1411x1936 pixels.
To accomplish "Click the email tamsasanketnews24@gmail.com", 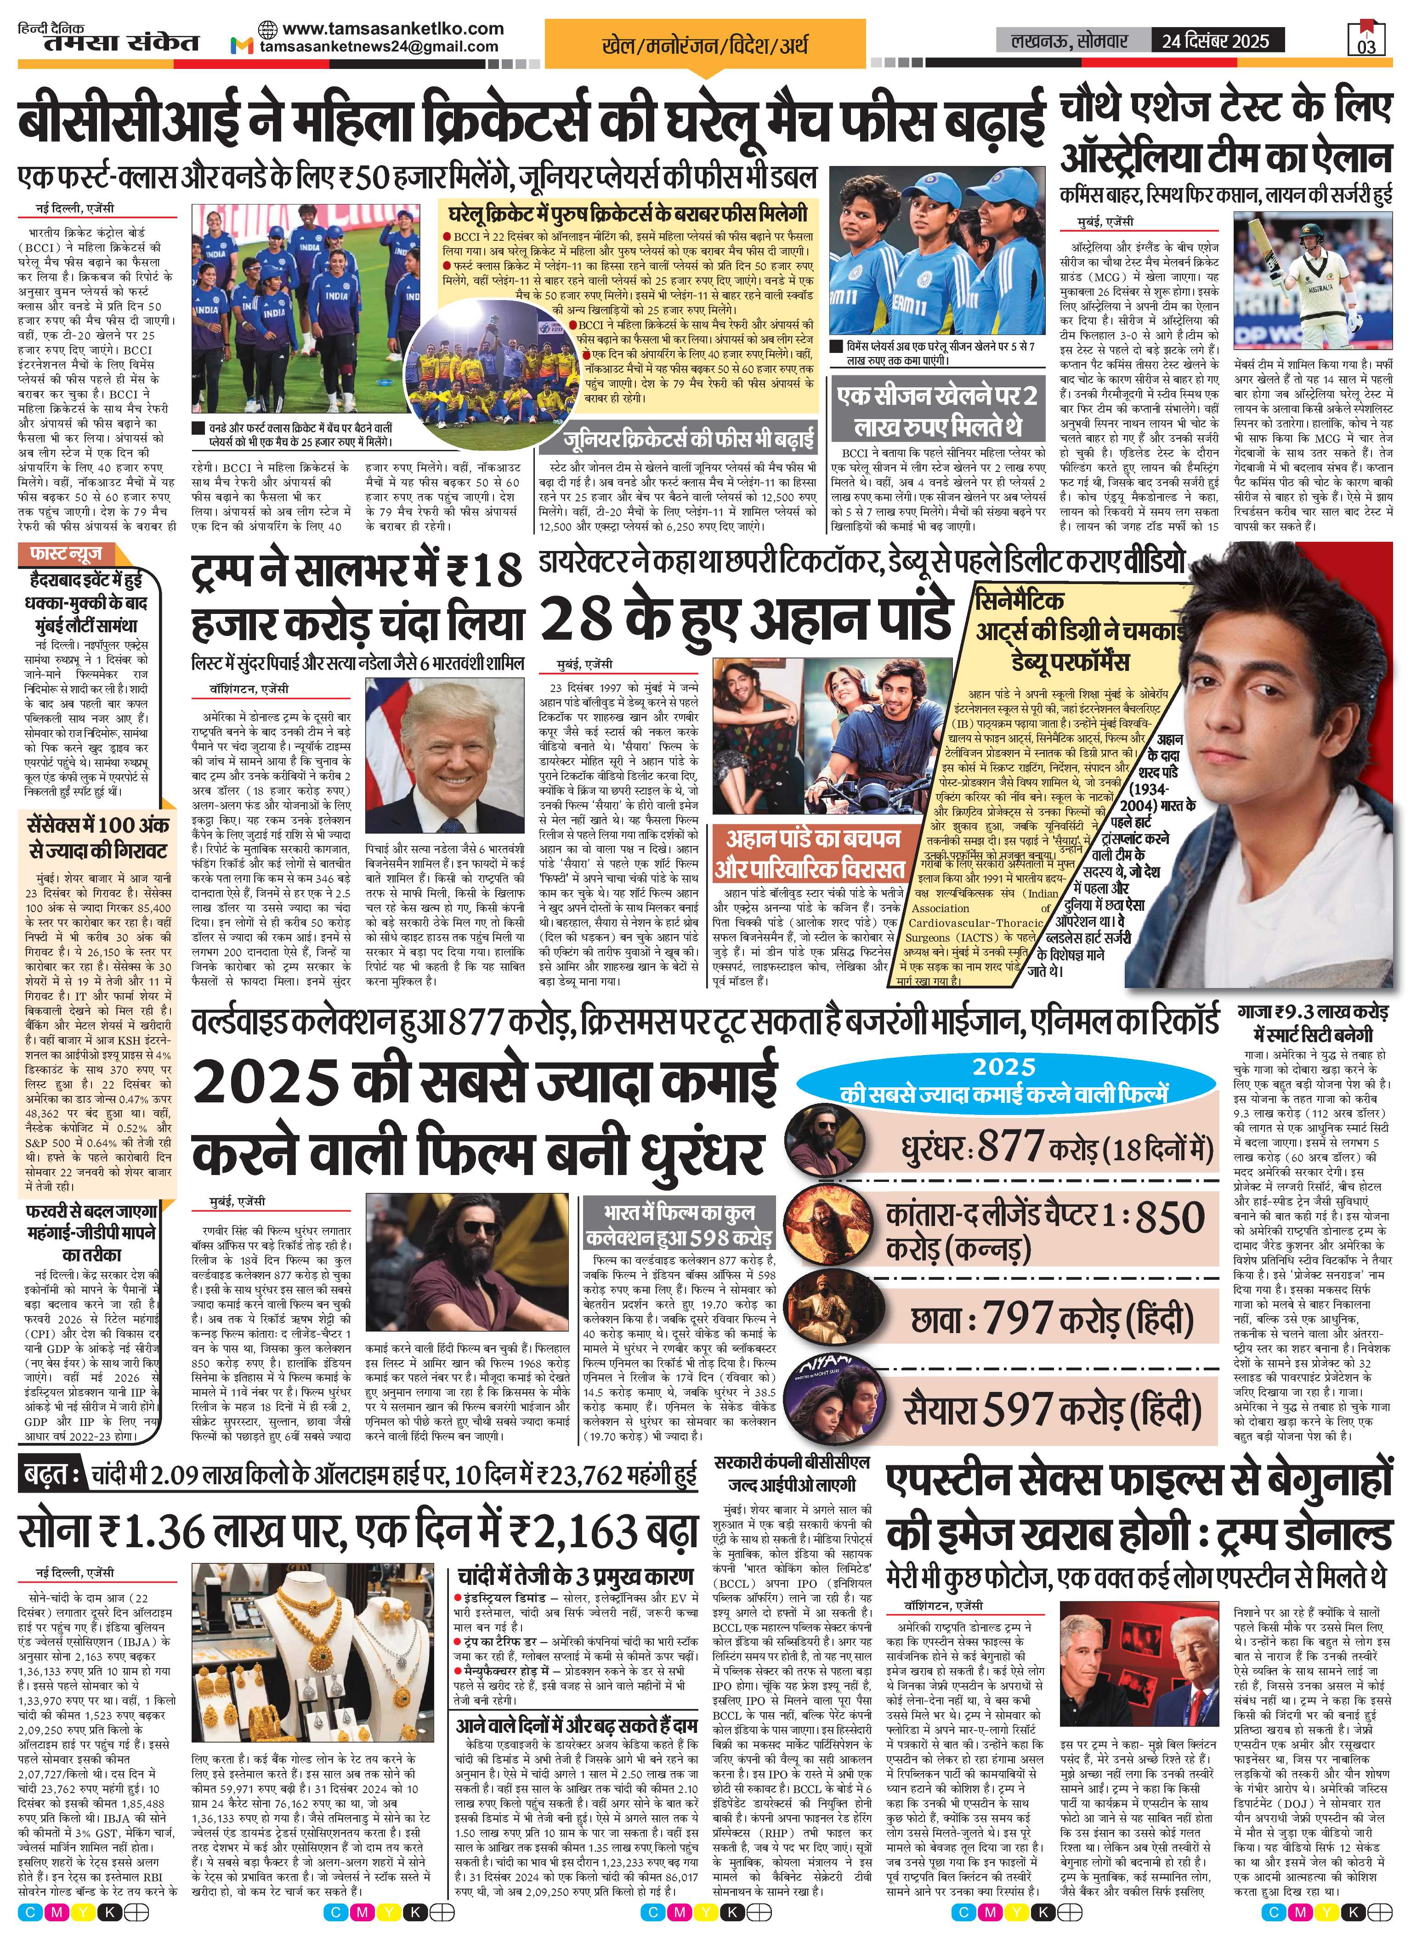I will [379, 47].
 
